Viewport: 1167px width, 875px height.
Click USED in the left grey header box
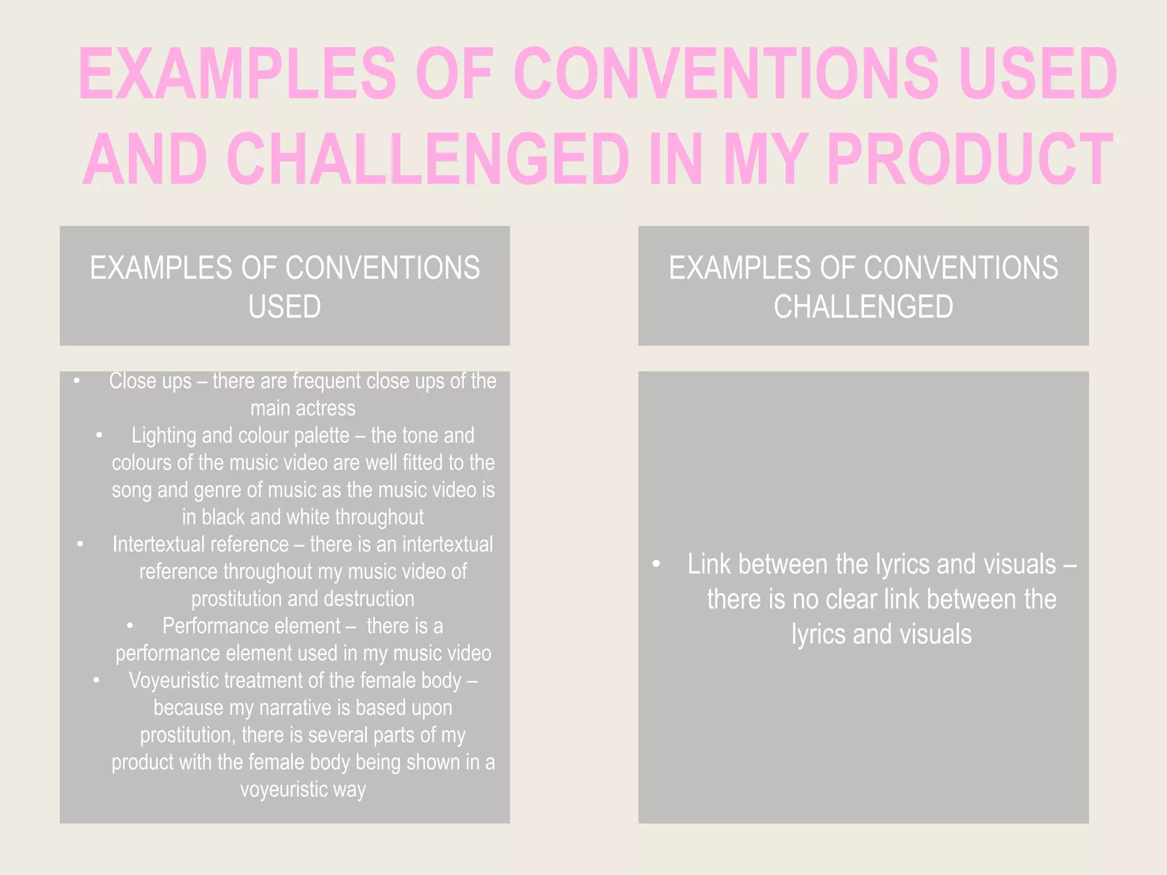284,306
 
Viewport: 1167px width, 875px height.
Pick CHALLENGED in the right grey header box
863,306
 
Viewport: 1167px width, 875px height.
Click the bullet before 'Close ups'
76,381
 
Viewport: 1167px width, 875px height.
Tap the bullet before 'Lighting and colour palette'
99,436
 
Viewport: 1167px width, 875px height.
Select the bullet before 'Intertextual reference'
80,545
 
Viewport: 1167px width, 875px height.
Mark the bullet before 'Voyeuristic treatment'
96,681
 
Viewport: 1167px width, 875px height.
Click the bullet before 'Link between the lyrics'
656,565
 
